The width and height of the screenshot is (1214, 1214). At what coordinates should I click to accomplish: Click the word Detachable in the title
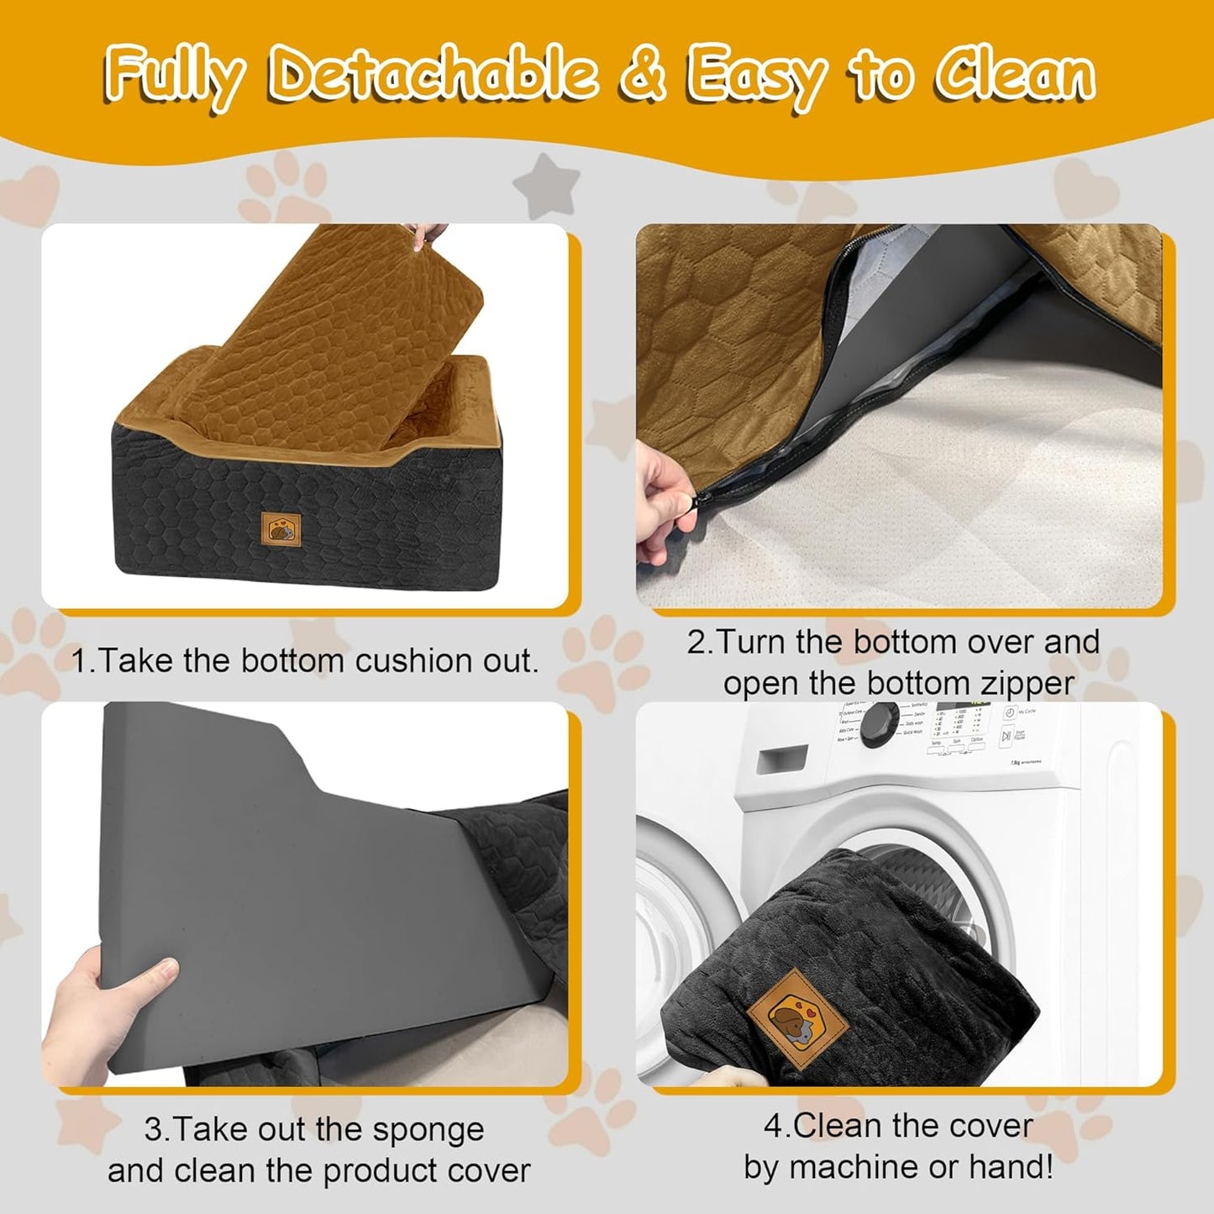(x=433, y=76)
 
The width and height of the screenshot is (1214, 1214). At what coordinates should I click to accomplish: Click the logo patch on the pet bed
(x=279, y=528)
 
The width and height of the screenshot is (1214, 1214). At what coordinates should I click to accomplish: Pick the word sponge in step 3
(x=428, y=1130)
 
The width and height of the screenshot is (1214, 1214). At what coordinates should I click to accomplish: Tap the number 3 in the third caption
(x=153, y=1130)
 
